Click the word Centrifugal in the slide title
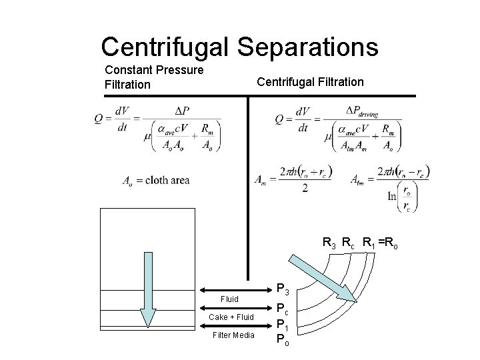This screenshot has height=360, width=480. tap(164, 47)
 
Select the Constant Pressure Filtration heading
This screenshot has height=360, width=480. tap(154, 77)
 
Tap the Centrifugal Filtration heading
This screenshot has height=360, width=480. tap(310, 82)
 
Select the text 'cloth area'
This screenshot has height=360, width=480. tap(167, 180)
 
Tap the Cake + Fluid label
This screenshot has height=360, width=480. tap(231, 317)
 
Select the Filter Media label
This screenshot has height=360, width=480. tap(232, 335)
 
